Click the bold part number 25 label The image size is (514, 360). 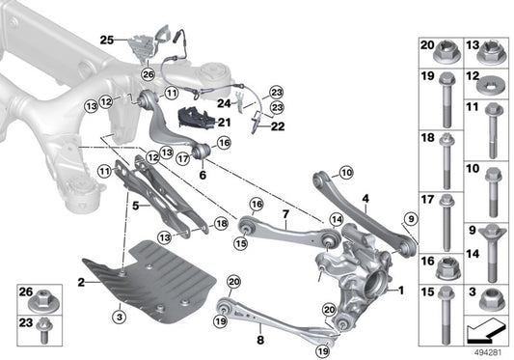tap(106, 40)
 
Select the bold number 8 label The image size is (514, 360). tap(259, 340)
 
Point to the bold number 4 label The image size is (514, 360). tap(366, 200)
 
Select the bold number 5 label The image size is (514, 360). tap(136, 205)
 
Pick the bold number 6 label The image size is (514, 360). tap(203, 175)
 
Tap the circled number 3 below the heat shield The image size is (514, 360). tap(119, 316)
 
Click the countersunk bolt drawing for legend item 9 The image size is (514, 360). tap(488, 236)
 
